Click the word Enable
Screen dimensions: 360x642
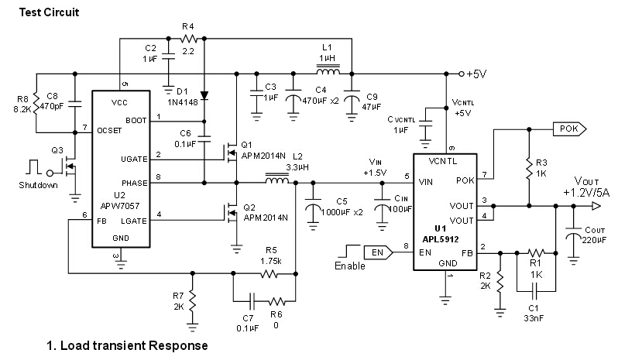(x=350, y=266)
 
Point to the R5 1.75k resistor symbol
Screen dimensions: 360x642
(x=269, y=273)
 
